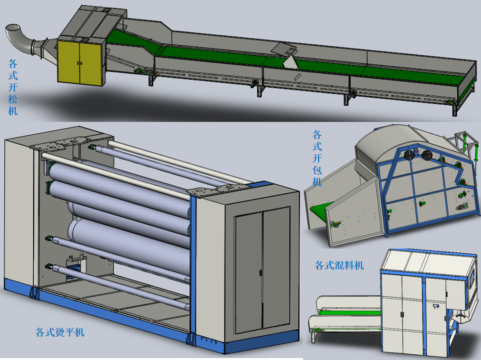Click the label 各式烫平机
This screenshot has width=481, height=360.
[x=60, y=332]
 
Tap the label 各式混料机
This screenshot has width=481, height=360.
[x=339, y=265]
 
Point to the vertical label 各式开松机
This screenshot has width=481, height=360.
[x=12, y=87]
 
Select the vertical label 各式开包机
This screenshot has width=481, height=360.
[x=317, y=158]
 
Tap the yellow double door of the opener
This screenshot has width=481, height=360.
[x=80, y=62]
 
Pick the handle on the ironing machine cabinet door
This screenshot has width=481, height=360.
[x=260, y=272]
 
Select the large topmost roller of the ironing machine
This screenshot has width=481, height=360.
[x=119, y=183]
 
